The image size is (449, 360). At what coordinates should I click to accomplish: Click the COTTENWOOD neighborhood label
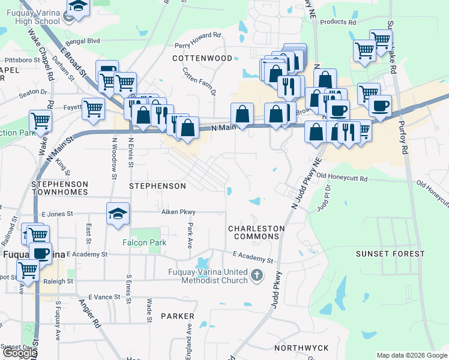coord(202,58)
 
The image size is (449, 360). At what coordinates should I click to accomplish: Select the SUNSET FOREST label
coord(390,254)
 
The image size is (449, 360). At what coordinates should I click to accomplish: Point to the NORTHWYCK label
coord(301,348)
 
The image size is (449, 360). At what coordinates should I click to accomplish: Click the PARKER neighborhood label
coord(178,316)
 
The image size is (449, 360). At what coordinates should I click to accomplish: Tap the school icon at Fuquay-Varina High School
coord(77,7)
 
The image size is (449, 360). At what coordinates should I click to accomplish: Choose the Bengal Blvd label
coord(84,41)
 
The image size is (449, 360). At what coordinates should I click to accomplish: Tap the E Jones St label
coord(53,213)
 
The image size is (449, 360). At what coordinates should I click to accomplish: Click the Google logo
coord(19,353)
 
